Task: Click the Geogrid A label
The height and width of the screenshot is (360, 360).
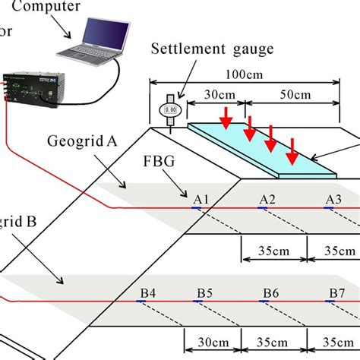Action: click(x=79, y=143)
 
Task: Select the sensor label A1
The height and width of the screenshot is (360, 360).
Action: click(x=201, y=199)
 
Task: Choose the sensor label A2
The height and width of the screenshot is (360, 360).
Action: click(x=267, y=199)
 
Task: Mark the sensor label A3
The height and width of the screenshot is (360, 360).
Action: click(x=333, y=199)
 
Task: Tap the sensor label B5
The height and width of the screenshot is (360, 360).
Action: click(x=206, y=292)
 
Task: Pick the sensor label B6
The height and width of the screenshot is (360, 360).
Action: click(x=271, y=292)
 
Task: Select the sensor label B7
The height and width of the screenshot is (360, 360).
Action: click(x=336, y=292)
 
